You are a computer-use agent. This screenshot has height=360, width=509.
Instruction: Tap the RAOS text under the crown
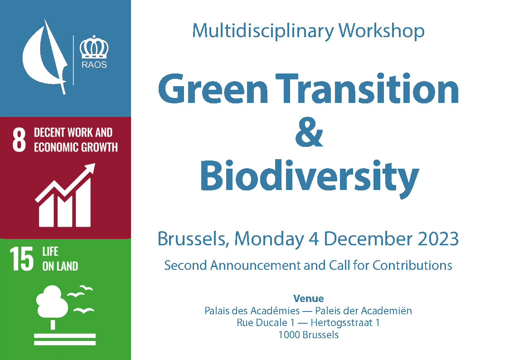(x=94, y=64)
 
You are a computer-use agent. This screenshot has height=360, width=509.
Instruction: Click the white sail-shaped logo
(x=45, y=57)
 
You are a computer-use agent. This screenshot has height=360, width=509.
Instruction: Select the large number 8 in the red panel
(x=19, y=140)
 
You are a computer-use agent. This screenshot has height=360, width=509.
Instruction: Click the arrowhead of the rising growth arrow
(x=90, y=169)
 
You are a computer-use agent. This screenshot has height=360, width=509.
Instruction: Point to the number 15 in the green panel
(x=21, y=259)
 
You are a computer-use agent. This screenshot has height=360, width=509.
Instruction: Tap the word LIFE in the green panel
(x=50, y=251)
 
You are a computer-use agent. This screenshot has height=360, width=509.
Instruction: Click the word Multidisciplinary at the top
(x=263, y=31)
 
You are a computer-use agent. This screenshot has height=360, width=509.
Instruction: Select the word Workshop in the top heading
(x=382, y=31)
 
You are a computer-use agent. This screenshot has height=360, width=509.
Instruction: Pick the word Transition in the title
(x=367, y=88)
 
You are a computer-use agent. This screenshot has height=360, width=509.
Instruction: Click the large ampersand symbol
(x=309, y=131)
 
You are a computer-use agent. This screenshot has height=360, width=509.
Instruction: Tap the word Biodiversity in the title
(x=309, y=176)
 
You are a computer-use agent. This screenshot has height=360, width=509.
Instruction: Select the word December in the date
(x=368, y=239)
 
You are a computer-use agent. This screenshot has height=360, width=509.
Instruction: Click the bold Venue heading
(x=308, y=298)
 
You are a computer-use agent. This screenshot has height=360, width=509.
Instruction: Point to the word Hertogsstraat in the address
(x=341, y=323)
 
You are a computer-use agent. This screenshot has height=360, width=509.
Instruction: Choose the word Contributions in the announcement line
(x=412, y=265)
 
